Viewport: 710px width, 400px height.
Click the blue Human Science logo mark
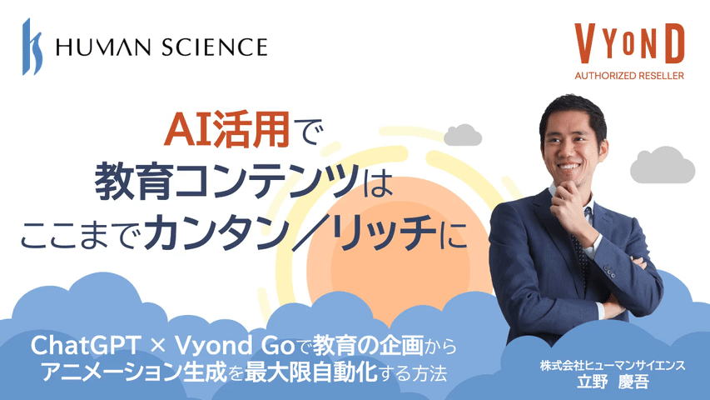32,47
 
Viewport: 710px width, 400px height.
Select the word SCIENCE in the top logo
214,47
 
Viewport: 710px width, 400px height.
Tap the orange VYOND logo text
629,43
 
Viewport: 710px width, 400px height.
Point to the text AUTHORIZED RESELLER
629,76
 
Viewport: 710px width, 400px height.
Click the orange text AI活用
227,130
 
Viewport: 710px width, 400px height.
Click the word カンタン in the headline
216,232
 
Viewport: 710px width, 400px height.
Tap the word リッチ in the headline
385,232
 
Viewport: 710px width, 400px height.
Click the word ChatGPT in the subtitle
85,346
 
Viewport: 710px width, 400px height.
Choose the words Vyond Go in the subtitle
235,346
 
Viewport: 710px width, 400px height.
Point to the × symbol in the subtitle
157,347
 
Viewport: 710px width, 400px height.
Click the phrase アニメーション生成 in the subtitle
133,372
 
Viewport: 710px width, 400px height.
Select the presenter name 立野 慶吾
613,382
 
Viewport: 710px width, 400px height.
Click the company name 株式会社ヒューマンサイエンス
613,366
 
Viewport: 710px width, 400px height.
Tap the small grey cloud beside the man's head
462,135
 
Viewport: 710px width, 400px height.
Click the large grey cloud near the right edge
663,165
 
